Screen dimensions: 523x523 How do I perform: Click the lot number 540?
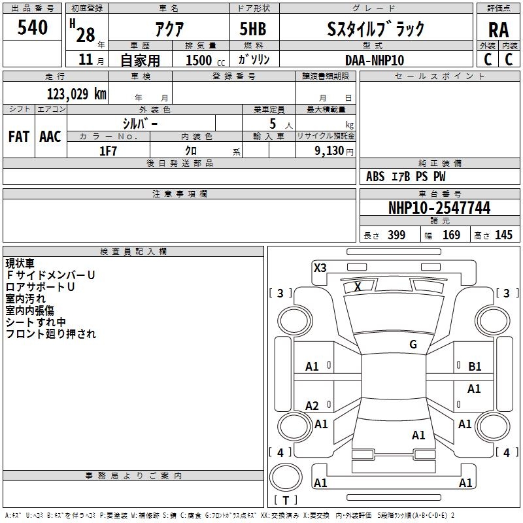point(32,27)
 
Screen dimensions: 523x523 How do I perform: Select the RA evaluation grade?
point(498,30)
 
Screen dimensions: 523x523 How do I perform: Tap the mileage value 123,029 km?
point(76,94)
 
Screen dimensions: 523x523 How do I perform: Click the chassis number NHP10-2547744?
point(439,208)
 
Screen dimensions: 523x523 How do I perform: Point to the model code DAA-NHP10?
point(374,60)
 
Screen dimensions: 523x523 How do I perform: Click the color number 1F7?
point(108,151)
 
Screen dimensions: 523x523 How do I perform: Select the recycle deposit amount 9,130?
point(329,151)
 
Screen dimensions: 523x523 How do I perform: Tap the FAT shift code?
point(19,137)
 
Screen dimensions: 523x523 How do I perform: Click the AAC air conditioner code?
point(50,137)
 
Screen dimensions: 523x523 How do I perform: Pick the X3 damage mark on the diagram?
point(320,268)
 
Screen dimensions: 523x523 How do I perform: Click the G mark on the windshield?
point(413,344)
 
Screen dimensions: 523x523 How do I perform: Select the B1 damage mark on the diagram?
point(475,367)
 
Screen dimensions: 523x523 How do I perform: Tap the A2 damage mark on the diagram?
point(312,405)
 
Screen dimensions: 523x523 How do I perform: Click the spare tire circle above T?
point(286,478)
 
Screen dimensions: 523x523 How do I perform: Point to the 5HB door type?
point(253,29)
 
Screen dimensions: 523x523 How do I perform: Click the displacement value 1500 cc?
point(205,60)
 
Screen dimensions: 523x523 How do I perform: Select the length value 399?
point(396,235)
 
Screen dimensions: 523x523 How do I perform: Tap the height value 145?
point(503,235)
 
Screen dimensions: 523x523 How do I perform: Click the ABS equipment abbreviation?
point(375,177)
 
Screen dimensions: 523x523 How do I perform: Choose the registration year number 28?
point(86,35)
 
